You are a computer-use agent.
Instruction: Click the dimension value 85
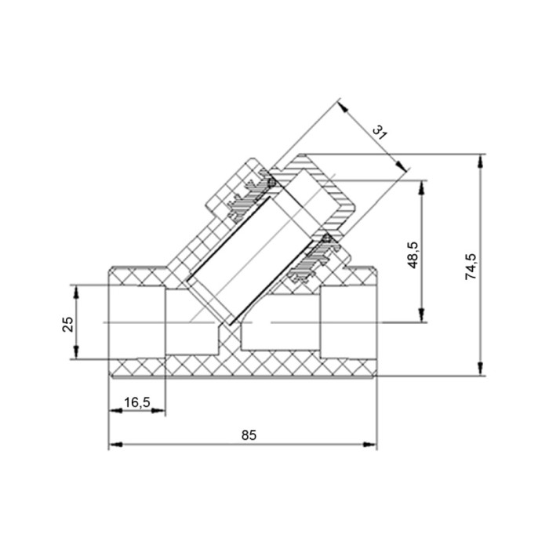[249, 435]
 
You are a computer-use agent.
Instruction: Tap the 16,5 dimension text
[137, 402]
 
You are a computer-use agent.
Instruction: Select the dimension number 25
[68, 324]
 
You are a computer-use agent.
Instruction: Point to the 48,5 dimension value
[413, 255]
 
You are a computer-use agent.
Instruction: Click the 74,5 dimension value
[471, 266]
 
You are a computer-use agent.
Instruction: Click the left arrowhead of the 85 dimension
[115, 445]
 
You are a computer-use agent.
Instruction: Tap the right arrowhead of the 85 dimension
[370, 445]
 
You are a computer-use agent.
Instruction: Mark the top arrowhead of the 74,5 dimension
[480, 161]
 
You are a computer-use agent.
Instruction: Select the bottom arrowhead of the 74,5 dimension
[480, 369]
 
